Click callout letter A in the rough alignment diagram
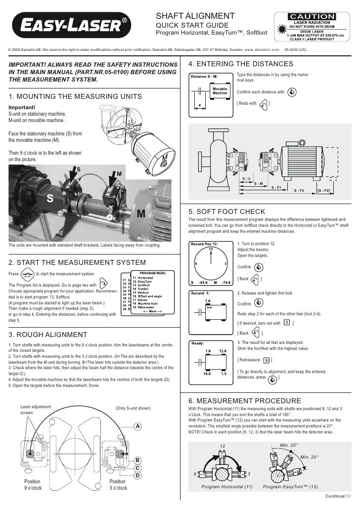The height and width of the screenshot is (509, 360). (x=138, y=426)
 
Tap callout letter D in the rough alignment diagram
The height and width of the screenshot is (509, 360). (x=138, y=475)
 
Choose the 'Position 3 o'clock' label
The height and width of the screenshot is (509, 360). (x=118, y=484)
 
